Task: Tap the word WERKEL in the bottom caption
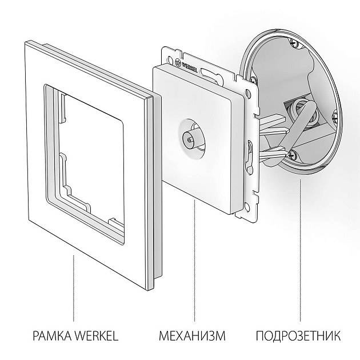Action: tap(94, 335)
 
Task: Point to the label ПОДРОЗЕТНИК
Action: tap(298, 335)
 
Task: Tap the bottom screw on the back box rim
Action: tap(292, 153)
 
